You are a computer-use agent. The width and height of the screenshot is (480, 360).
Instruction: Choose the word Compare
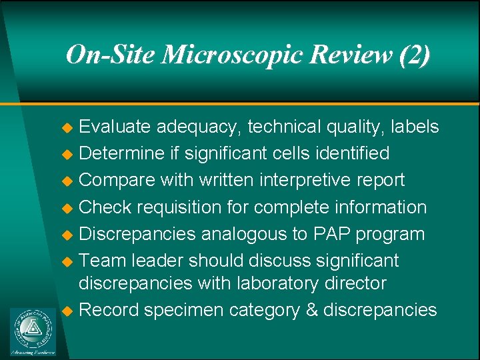point(115,180)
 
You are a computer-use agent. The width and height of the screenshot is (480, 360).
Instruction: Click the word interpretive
point(302,180)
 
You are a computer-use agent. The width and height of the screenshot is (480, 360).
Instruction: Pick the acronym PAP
point(330,234)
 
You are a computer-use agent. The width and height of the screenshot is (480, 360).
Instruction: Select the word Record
point(108,310)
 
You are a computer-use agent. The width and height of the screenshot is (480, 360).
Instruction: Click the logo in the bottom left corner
point(33,331)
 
